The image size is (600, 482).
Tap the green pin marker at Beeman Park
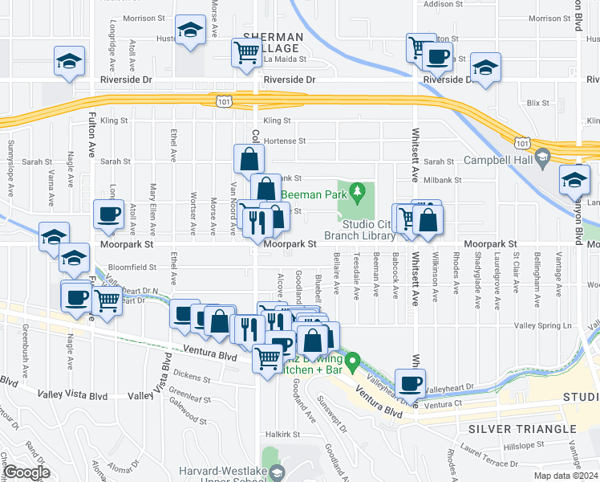point(359,192)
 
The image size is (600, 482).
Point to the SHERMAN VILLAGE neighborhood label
point(273,43)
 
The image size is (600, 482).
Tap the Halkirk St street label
point(283,434)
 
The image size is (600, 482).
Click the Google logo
point(26,473)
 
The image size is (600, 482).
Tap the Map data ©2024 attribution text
point(566,476)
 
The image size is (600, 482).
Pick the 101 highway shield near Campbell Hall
point(522,142)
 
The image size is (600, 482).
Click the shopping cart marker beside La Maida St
point(246,53)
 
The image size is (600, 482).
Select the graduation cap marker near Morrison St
point(189,31)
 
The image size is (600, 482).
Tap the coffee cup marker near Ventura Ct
point(411,383)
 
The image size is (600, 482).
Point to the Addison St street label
point(439,4)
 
